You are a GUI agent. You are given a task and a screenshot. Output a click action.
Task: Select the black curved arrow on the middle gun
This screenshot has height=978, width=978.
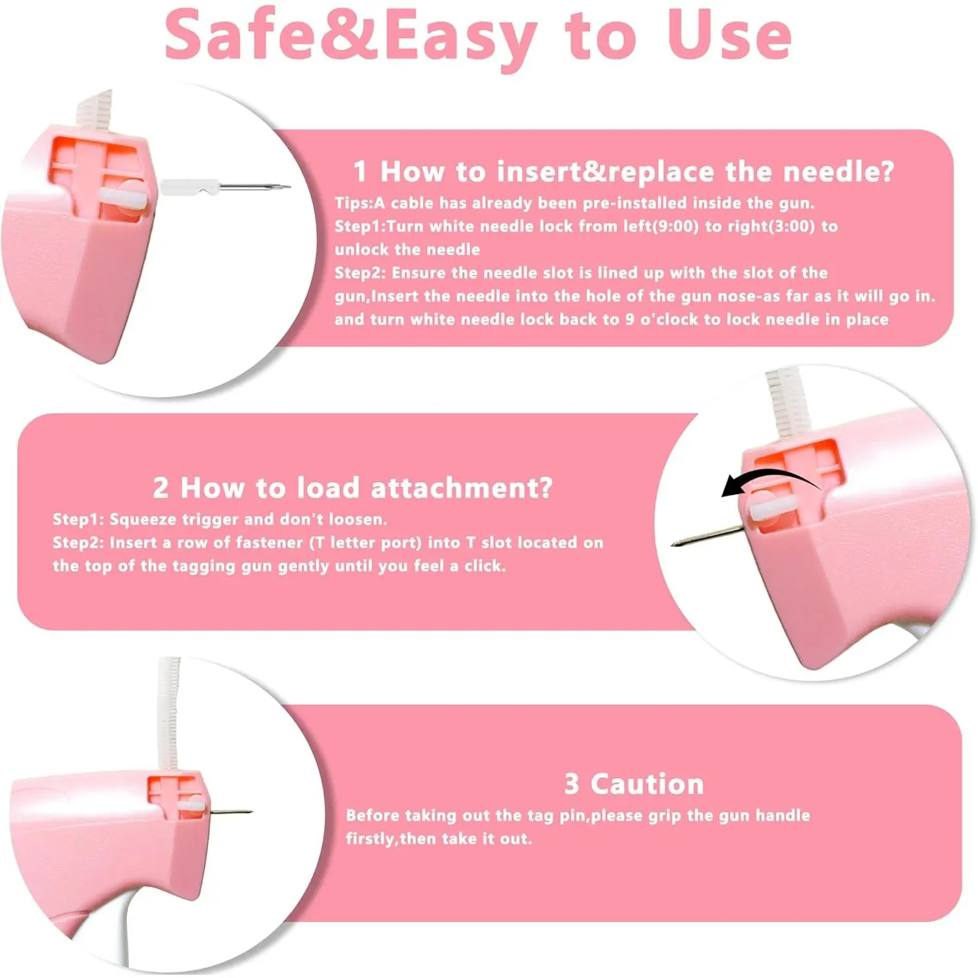(x=769, y=482)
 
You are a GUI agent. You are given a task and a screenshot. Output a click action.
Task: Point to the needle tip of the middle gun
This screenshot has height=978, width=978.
(x=673, y=544)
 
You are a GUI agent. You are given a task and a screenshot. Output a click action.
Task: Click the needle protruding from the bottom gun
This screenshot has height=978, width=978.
(x=230, y=812)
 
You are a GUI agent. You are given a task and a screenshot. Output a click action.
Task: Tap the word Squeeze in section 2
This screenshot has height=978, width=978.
(x=142, y=520)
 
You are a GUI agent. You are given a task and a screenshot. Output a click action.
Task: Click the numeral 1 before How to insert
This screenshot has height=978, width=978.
(x=360, y=172)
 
